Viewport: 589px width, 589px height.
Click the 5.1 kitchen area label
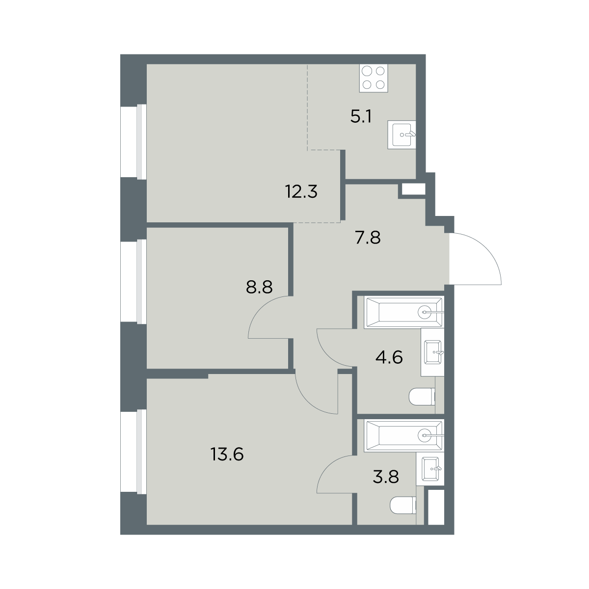point(361,117)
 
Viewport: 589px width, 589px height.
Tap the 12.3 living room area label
point(301,191)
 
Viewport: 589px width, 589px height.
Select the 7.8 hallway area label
point(368,238)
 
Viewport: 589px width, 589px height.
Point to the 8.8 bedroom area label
point(259,287)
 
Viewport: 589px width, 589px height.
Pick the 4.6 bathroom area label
point(389,357)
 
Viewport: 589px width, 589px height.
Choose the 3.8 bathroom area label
point(386,477)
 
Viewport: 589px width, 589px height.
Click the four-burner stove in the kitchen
point(374,78)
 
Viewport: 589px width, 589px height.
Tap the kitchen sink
point(402,135)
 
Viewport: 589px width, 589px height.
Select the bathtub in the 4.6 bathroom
point(404,312)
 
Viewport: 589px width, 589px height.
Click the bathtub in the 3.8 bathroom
point(404,435)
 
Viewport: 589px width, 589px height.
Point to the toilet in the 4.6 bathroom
point(422,397)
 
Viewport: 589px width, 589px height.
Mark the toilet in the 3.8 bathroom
point(403,505)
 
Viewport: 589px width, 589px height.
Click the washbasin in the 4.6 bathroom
point(432,352)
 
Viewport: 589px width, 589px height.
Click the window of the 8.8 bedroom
point(134,281)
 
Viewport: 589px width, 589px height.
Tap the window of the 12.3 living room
point(134,141)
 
